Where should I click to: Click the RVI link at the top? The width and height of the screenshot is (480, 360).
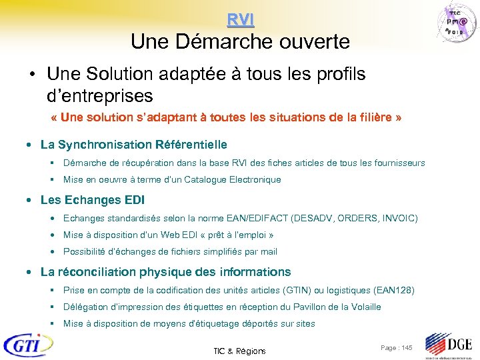pos(240,20)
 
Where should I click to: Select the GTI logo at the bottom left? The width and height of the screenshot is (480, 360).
pos(27,345)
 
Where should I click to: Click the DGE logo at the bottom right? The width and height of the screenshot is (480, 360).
pos(449,345)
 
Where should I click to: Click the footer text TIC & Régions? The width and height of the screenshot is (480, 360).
pos(239,351)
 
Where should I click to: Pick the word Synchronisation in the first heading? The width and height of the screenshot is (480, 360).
pos(105,145)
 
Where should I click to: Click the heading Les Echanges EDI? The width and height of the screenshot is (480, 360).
pos(93,200)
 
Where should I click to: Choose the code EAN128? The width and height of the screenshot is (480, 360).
pos(393,291)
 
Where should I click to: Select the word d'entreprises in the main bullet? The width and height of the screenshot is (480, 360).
pos(100,95)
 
